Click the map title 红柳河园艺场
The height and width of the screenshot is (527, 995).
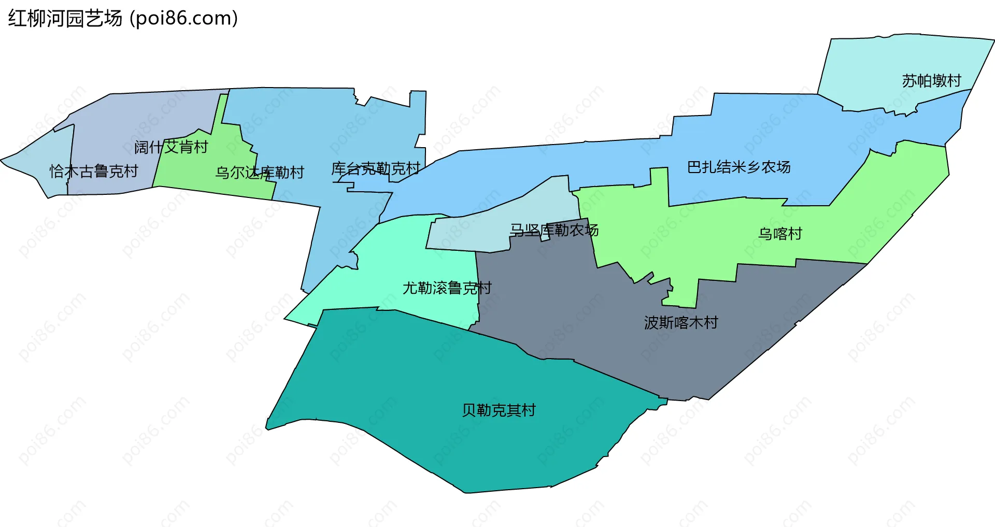tap(65, 19)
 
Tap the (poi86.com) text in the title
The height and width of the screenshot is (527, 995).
tap(184, 19)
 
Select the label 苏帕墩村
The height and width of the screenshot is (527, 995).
tap(931, 81)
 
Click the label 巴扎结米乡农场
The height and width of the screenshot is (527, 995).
tap(738, 167)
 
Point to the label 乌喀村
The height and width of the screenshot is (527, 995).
tap(780, 234)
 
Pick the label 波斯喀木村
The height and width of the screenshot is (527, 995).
tap(680, 323)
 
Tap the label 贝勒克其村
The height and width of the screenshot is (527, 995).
tap(499, 410)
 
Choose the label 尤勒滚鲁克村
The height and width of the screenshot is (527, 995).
tap(447, 288)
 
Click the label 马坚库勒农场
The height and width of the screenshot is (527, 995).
tap(553, 230)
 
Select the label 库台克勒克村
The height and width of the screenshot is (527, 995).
tap(375, 168)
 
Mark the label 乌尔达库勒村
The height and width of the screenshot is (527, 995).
tap(259, 173)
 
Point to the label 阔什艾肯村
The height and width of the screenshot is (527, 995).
tap(171, 147)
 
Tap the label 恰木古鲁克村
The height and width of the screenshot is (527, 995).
tap(94, 171)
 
